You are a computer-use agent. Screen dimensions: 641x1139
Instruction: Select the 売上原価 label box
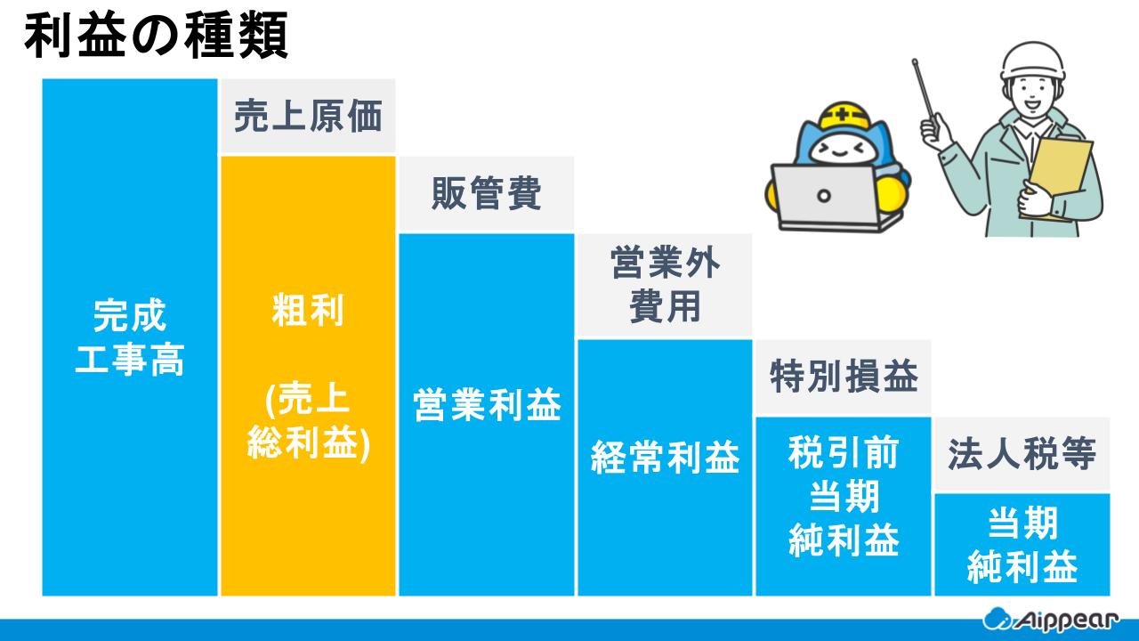tap(308, 117)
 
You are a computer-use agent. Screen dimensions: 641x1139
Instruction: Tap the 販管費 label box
tap(486, 194)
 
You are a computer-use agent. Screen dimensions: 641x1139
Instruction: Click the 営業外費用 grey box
tap(665, 285)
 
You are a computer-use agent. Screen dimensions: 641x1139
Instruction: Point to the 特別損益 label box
tap(843, 377)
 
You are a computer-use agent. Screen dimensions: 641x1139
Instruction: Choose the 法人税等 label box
tap(1021, 454)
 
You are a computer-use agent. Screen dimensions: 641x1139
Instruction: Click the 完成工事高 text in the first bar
tap(130, 338)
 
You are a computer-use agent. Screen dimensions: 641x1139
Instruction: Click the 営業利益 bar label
tap(486, 406)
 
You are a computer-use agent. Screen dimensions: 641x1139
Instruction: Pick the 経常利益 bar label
tap(665, 458)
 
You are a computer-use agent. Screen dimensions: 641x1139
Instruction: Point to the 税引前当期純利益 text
tap(843, 497)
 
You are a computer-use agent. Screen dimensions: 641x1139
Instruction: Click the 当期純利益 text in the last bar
tap(1022, 545)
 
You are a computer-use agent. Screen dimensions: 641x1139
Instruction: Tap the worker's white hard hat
tap(1033, 60)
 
